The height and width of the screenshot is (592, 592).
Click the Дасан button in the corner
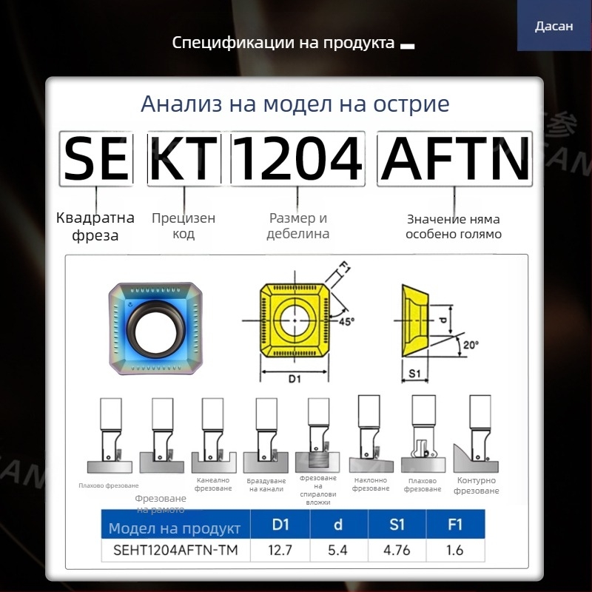(554, 26)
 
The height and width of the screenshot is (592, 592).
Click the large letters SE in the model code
(96, 159)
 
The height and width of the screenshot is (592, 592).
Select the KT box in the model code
(184, 159)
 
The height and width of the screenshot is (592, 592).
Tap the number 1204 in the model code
(297, 159)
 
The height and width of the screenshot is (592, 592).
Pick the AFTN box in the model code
(455, 159)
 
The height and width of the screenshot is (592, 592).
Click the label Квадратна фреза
(95, 226)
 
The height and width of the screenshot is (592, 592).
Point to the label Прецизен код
(184, 226)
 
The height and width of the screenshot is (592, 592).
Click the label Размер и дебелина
(298, 226)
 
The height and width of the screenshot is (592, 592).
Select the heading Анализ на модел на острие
(295, 104)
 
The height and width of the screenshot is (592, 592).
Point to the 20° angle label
(470, 344)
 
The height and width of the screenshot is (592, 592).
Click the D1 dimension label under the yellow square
(294, 378)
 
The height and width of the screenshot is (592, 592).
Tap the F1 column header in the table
(455, 525)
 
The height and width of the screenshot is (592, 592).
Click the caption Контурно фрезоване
(477, 485)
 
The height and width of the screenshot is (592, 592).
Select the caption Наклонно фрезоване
(371, 484)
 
